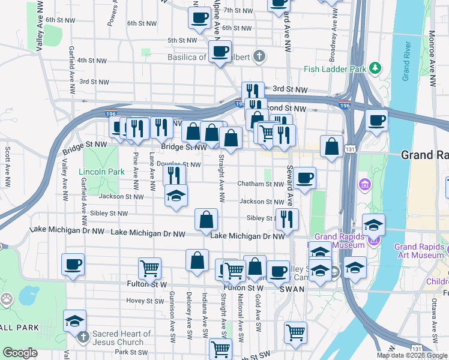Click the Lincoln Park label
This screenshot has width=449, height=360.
(101, 172)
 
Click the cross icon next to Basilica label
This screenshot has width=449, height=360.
(259, 57)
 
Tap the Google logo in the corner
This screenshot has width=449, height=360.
(20, 353)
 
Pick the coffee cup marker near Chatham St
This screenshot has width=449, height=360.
(304, 178)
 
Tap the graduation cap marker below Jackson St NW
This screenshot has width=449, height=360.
(176, 196)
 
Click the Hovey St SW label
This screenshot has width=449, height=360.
(142, 301)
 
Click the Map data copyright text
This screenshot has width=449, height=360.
(412, 355)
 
